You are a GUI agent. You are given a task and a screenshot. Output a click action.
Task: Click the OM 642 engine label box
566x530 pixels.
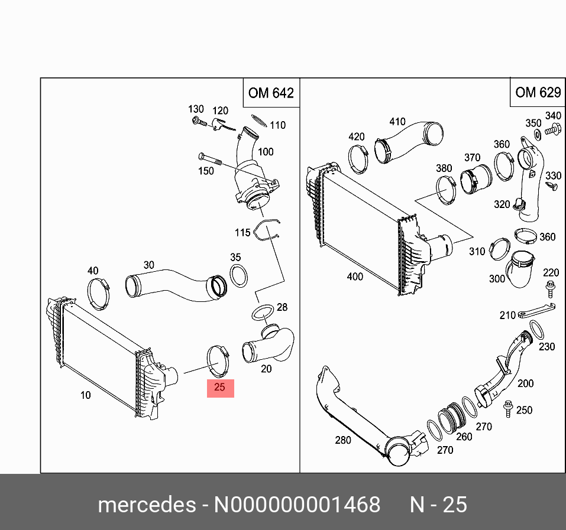pyautogui.click(x=271, y=93)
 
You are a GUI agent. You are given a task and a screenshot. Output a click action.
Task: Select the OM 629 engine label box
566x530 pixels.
pyautogui.click(x=537, y=92)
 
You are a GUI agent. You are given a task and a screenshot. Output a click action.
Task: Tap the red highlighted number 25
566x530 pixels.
pyautogui.click(x=220, y=388)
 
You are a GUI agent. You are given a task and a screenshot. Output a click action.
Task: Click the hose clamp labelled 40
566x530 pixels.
pyautogui.click(x=99, y=291)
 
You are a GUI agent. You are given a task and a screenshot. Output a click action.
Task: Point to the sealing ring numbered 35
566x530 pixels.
pyautogui.click(x=238, y=275)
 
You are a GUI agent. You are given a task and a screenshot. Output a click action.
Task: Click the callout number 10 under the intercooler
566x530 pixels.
pyautogui.click(x=86, y=395)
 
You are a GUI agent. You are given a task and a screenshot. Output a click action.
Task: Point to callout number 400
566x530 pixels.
pyautogui.click(x=355, y=277)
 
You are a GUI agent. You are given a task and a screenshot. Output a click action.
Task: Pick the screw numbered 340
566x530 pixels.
pyautogui.click(x=553, y=129)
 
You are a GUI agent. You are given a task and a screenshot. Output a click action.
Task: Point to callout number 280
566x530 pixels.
pyautogui.click(x=343, y=440)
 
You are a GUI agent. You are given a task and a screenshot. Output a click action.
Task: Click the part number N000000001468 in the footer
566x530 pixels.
pyautogui.click(x=297, y=505)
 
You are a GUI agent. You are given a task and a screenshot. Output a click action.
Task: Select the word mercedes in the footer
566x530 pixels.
pyautogui.click(x=147, y=505)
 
